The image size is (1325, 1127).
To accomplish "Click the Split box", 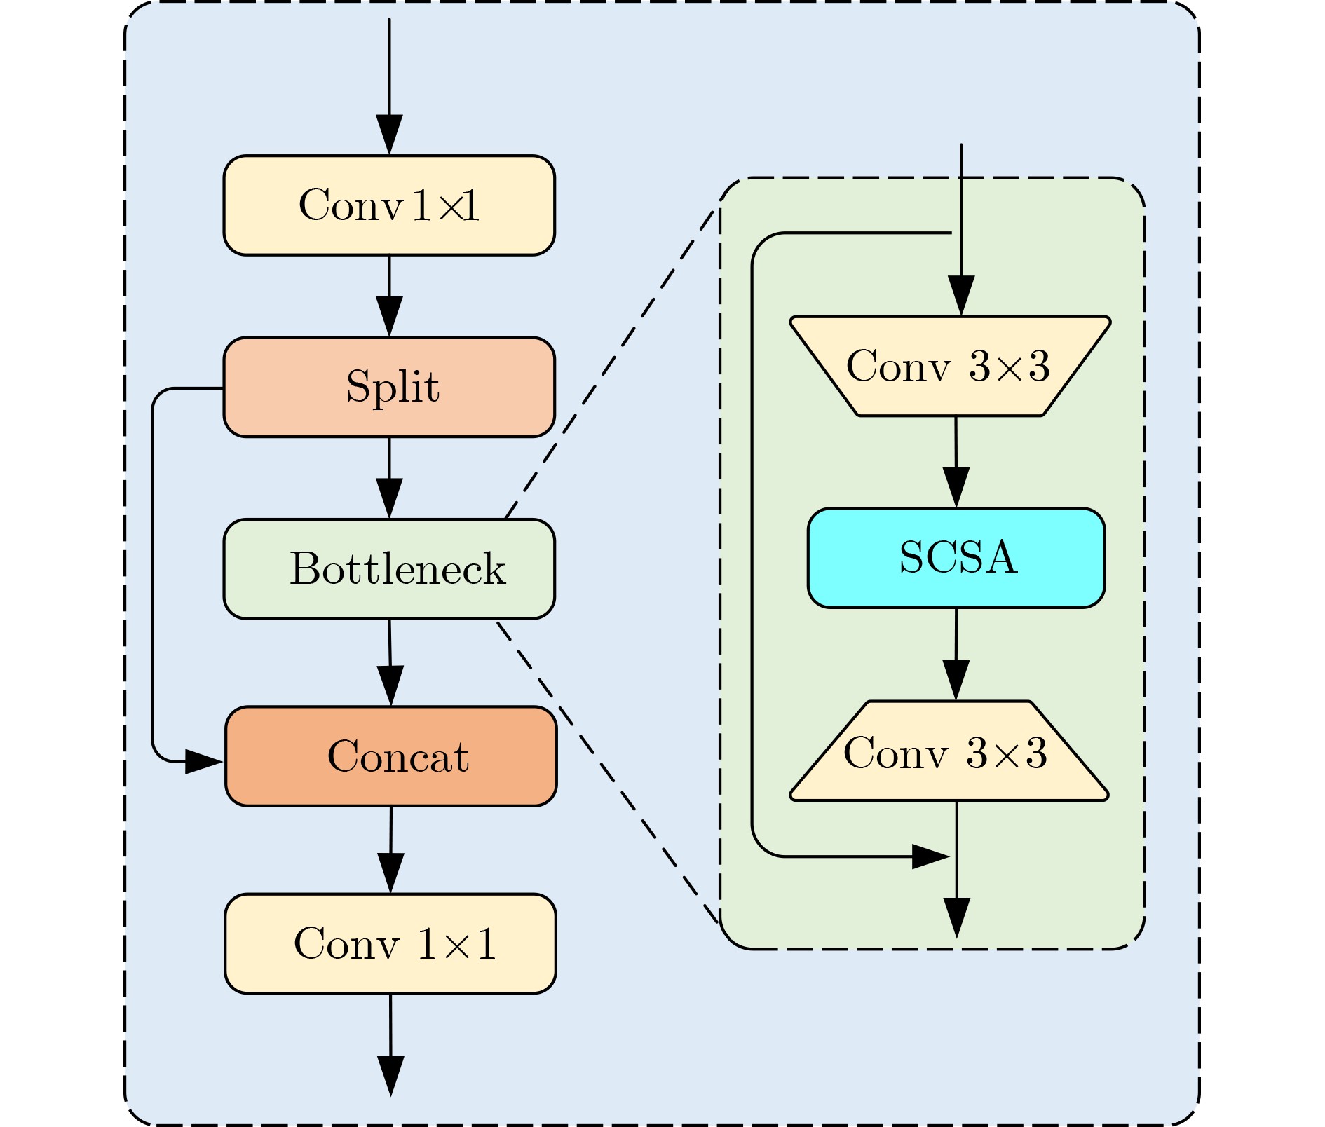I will [x=389, y=388].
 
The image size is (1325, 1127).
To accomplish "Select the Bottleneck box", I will [x=389, y=569].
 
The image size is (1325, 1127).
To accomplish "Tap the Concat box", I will [x=390, y=756].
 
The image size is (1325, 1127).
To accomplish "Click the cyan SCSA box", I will [x=956, y=558].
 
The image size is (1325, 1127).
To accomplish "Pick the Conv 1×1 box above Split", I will [x=389, y=205].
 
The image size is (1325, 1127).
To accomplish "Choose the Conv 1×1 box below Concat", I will [x=390, y=943].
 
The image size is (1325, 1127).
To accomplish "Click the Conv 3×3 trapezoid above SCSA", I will [x=950, y=366].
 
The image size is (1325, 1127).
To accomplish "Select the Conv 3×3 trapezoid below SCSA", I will [x=949, y=751].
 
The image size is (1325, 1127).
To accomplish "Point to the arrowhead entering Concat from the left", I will [x=203, y=761].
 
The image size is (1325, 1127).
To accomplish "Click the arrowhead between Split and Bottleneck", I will [x=389, y=498].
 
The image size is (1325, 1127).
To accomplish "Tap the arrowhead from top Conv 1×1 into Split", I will [x=389, y=316].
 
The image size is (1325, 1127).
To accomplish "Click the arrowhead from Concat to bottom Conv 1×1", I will [x=390, y=873].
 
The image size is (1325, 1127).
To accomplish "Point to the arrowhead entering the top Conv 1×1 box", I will [x=389, y=134].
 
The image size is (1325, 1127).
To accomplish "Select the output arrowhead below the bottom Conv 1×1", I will [x=390, y=1075].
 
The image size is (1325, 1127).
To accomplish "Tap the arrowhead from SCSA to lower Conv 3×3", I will [x=956, y=679].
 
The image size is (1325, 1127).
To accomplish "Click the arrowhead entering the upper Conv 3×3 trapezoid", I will [x=961, y=295].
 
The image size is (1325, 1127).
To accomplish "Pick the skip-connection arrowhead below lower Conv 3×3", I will [x=930, y=856].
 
